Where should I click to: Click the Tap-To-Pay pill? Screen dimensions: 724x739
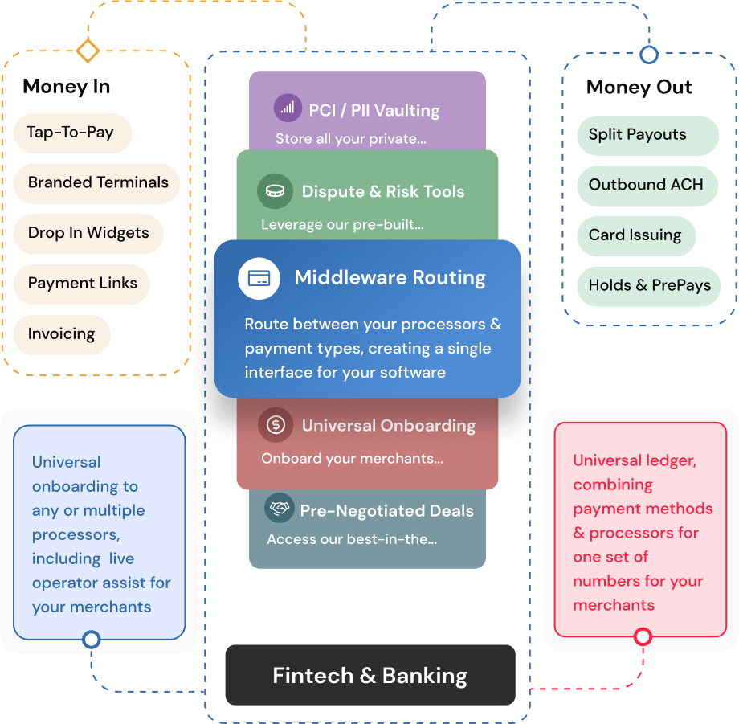click(71, 133)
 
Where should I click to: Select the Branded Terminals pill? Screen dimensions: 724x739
click(97, 182)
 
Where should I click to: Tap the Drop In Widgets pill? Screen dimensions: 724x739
click(88, 233)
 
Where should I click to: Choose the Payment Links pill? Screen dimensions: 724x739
click(82, 284)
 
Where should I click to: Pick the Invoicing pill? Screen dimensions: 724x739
click(61, 334)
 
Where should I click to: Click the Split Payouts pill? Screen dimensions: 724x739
click(638, 135)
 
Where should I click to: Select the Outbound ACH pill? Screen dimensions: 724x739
click(646, 185)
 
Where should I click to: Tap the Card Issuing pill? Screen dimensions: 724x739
click(635, 235)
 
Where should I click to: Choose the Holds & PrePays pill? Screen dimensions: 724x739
click(649, 286)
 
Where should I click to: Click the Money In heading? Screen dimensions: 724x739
click(66, 87)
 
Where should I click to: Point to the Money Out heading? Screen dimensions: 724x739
click(639, 88)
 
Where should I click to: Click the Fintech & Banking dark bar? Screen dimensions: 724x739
click(369, 675)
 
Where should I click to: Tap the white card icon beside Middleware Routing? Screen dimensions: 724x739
click(259, 279)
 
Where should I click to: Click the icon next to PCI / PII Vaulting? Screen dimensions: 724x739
click(288, 108)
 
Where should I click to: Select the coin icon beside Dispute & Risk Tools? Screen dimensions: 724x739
click(275, 191)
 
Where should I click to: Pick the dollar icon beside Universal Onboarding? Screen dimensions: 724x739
click(276, 424)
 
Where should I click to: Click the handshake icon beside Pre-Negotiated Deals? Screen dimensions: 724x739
click(279, 509)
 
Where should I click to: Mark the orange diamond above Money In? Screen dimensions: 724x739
click(87, 51)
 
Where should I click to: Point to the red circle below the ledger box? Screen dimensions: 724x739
click(643, 637)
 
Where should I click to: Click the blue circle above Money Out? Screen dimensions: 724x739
click(648, 55)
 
